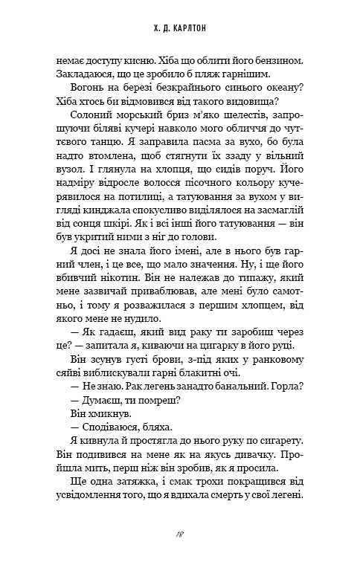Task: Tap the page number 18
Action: (x=180, y=534)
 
